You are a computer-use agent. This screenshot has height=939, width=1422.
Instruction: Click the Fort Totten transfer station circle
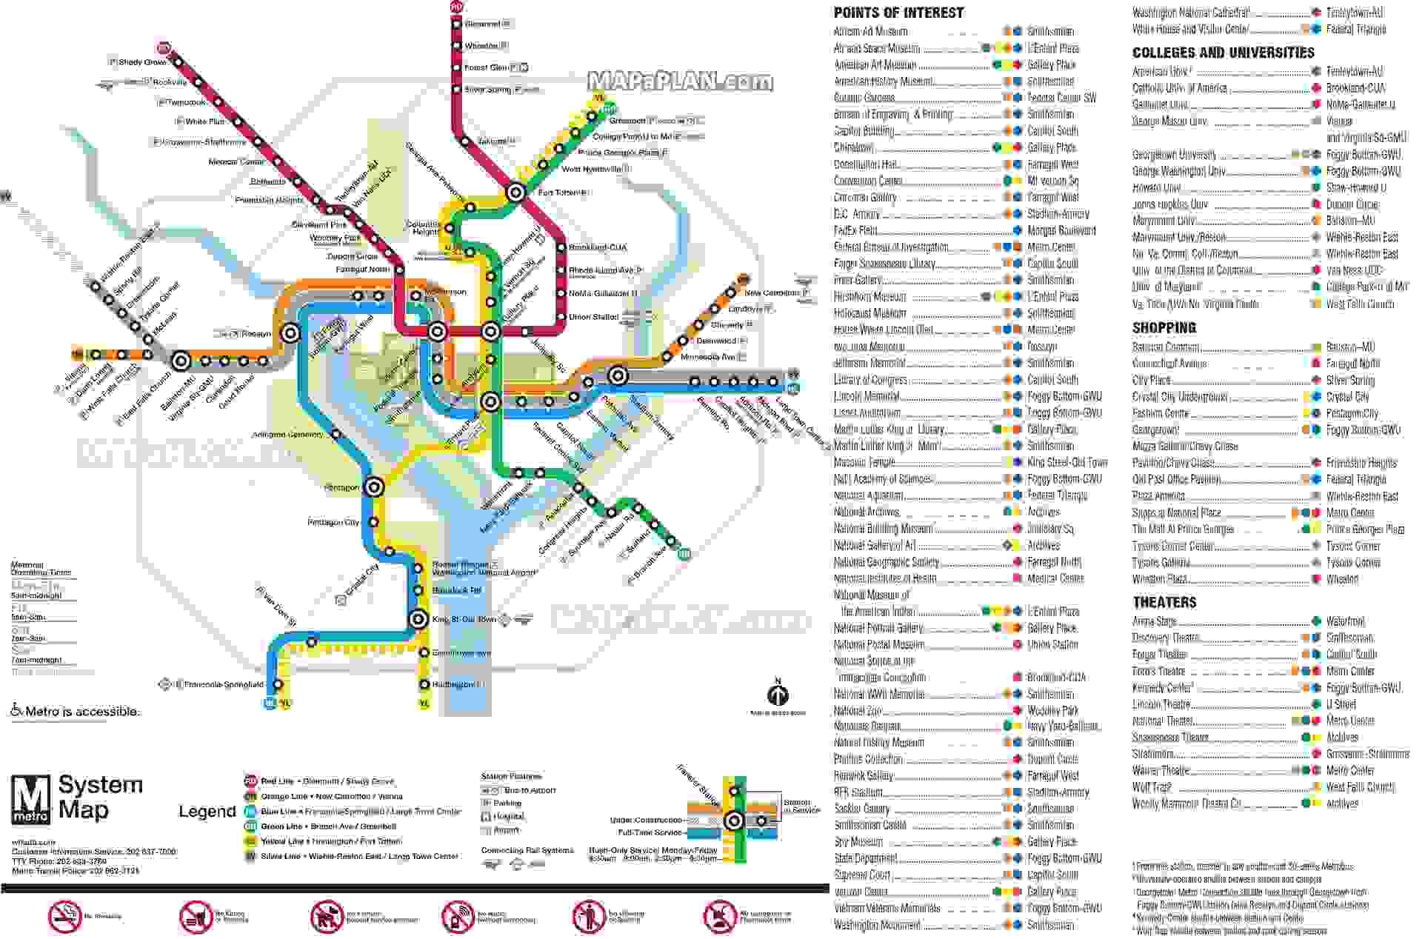tap(515, 193)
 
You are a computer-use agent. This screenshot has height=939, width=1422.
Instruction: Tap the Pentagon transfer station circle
tap(375, 487)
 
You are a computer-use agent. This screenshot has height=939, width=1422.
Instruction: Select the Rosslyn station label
tap(256, 334)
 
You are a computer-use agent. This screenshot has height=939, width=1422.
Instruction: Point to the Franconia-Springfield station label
tap(223, 684)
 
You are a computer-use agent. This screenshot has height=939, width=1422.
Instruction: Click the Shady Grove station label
tap(142, 62)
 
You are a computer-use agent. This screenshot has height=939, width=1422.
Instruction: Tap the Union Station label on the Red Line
tap(593, 317)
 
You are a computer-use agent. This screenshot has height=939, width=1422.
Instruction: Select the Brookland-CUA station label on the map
tap(598, 247)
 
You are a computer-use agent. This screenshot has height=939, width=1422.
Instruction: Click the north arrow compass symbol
tap(778, 695)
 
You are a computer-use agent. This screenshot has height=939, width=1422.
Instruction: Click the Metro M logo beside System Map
tap(30, 799)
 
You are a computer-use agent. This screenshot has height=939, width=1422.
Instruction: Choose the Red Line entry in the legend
tap(327, 781)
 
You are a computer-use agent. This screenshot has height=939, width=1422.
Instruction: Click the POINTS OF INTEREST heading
tap(898, 13)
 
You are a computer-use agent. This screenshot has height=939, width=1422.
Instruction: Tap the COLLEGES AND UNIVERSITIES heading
tap(1223, 53)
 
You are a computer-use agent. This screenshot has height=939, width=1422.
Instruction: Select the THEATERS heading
tap(1164, 602)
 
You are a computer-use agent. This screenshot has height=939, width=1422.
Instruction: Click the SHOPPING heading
tap(1164, 327)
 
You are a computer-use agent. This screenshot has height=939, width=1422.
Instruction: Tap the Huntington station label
tap(453, 684)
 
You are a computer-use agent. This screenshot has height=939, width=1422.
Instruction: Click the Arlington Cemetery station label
tap(287, 435)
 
